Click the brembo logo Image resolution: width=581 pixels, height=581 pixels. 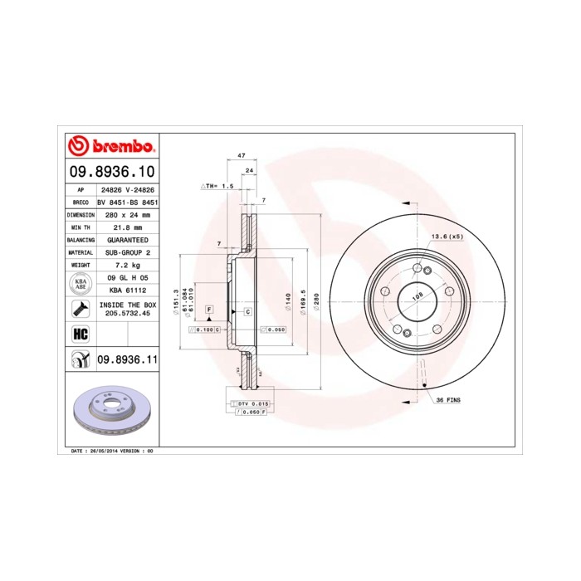(x=111, y=146)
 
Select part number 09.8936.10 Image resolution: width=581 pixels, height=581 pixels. (x=111, y=172)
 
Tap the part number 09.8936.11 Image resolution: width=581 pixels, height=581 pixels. (x=127, y=359)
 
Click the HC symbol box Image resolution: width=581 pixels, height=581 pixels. (x=81, y=334)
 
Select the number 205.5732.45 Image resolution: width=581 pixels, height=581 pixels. (x=125, y=314)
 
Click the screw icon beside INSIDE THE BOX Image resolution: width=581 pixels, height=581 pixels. (x=81, y=308)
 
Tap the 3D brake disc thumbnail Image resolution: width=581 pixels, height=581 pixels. (x=111, y=411)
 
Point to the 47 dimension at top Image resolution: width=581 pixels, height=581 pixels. (x=241, y=156)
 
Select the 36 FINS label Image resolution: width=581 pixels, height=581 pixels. (x=448, y=400)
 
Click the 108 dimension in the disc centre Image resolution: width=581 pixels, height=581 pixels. (x=417, y=295)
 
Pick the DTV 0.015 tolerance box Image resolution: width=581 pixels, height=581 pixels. (x=250, y=403)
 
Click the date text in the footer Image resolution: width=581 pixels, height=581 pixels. (x=108, y=450)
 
